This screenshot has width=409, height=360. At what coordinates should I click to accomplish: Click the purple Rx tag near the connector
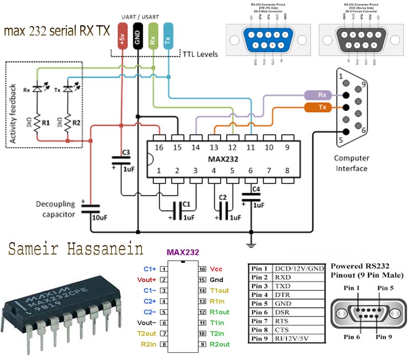pos(322,95)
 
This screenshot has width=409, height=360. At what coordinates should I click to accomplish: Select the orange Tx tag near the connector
pos(322,107)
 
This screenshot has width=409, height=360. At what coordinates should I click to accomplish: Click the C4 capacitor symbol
pos(251,198)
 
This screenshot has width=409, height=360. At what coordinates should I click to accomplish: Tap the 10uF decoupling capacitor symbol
pos(90,209)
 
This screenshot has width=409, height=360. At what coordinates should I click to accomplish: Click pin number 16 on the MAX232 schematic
pos(159,147)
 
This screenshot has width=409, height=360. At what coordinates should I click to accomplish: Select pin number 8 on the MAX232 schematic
pos(287,170)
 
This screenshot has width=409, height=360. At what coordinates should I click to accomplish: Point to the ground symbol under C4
pos(251,245)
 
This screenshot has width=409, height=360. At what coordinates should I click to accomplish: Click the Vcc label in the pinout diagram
pos(216,269)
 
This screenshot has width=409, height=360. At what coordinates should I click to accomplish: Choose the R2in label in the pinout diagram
pos(149,344)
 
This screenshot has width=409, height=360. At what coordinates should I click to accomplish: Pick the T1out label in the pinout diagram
pos(219,291)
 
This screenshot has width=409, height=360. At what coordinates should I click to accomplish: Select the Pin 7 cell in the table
pos(260,321)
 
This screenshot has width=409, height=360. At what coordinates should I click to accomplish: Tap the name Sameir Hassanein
pos(76,249)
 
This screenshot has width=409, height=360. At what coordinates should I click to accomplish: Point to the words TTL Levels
pos(201,54)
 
